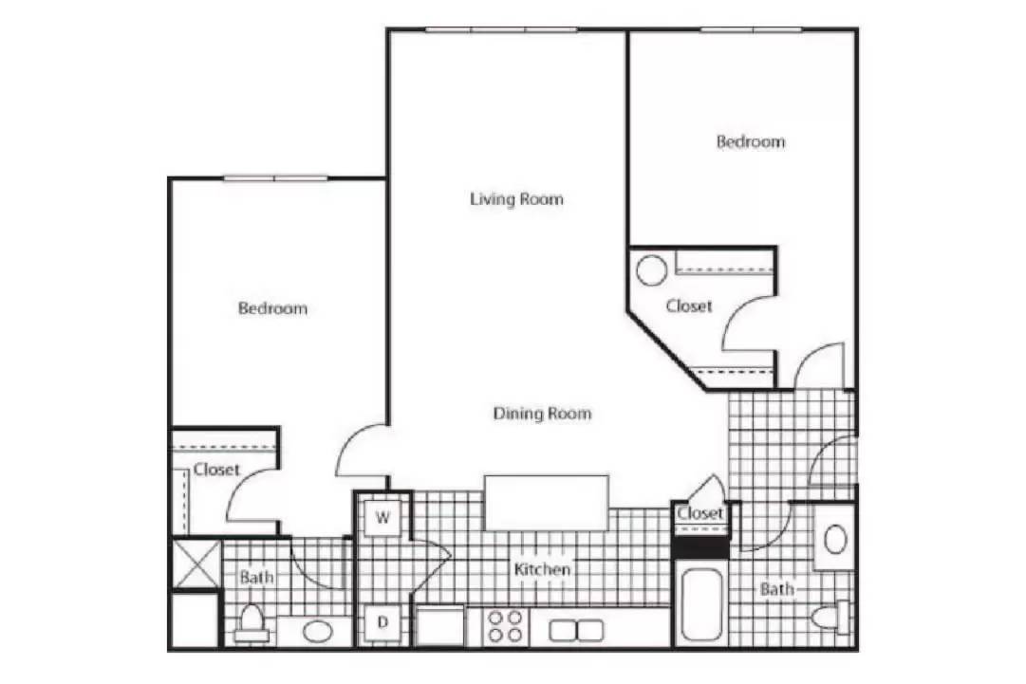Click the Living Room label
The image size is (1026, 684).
(x=516, y=199)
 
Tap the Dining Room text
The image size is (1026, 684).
(x=542, y=414)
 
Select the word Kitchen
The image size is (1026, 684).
(x=542, y=569)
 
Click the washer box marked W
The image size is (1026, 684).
(x=382, y=518)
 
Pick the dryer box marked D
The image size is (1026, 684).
(x=382, y=622)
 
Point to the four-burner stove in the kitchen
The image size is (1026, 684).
(x=506, y=626)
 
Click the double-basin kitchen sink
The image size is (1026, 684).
(x=576, y=630)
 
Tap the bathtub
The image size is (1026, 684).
(x=701, y=606)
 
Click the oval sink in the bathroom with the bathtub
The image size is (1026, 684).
(x=835, y=540)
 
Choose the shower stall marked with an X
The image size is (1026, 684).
(x=196, y=563)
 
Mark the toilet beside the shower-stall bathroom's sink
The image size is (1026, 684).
(x=252, y=623)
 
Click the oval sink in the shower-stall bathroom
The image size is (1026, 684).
(x=318, y=631)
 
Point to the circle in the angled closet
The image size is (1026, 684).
(x=652, y=270)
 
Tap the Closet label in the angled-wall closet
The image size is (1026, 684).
(x=689, y=305)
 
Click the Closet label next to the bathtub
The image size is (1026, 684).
(x=700, y=512)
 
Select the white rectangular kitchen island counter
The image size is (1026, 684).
(x=547, y=503)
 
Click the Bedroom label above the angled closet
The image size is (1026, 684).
(x=751, y=141)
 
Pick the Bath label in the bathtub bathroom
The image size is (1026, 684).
(x=776, y=588)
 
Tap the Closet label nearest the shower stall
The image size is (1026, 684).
(x=216, y=469)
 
